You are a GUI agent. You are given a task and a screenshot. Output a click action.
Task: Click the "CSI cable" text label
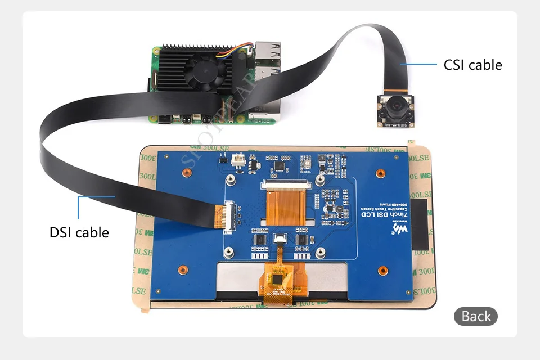(x=472, y=65)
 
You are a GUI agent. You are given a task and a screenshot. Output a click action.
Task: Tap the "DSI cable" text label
(x=79, y=232)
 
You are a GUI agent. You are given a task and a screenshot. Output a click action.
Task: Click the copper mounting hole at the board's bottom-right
(x=382, y=270)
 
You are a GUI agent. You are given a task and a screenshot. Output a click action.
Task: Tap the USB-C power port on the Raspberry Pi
(x=186, y=120)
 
